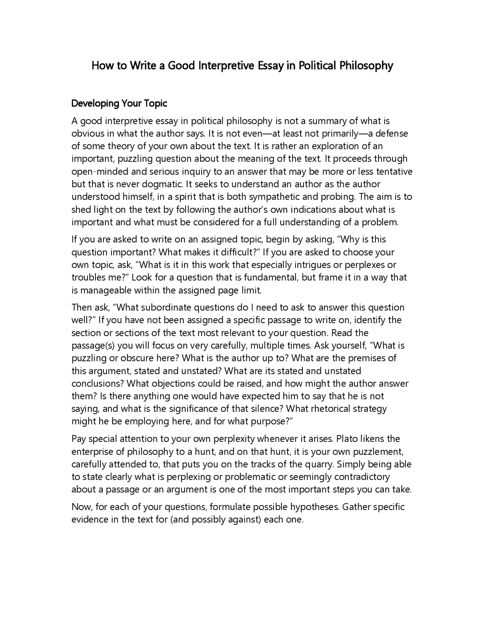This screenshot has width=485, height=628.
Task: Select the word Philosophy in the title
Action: coord(366,66)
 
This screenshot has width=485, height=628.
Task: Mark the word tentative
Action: coord(394,171)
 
